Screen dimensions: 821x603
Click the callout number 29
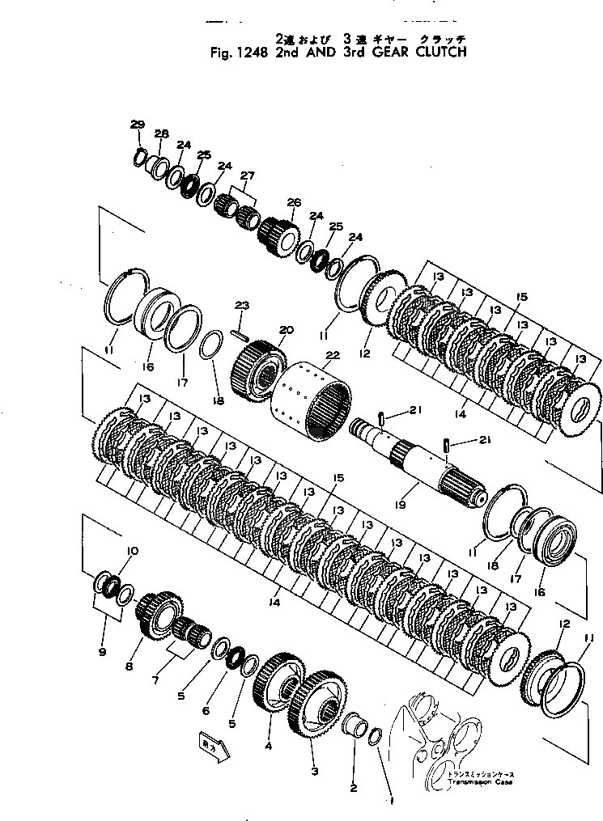pos(137,124)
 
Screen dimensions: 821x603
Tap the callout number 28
pos(161,133)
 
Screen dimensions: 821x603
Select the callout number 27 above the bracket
pos(247,176)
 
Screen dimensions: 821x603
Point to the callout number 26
pos(293,202)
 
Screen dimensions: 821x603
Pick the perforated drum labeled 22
pos(308,396)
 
